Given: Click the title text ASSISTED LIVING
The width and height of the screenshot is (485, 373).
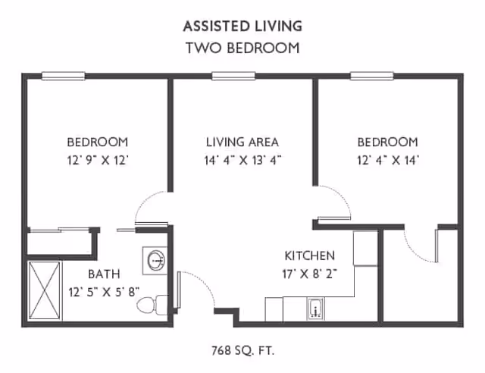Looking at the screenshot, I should pyautogui.click(x=242, y=26).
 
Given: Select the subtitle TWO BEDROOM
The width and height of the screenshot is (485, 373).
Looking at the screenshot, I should pyautogui.click(x=242, y=48).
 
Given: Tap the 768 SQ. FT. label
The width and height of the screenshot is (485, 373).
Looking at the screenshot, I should pyautogui.click(x=242, y=351).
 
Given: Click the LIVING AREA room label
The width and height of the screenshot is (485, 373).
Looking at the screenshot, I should pyautogui.click(x=242, y=142).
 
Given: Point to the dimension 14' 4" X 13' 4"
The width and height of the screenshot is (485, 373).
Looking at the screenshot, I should pyautogui.click(x=242, y=160).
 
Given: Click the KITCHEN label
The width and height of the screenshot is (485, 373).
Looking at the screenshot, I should pyautogui.click(x=309, y=255).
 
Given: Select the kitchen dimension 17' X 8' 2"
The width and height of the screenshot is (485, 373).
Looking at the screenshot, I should pyautogui.click(x=309, y=273).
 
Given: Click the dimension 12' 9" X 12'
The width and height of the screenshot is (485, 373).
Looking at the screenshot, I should pyautogui.click(x=97, y=160).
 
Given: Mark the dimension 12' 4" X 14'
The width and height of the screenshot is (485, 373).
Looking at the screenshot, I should pyautogui.click(x=387, y=160).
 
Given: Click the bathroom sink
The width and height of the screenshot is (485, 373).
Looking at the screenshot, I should pyautogui.click(x=155, y=259).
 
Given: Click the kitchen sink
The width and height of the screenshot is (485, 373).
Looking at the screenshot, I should pyautogui.click(x=315, y=309).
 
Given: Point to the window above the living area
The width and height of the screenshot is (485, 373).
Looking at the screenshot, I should pyautogui.click(x=232, y=75).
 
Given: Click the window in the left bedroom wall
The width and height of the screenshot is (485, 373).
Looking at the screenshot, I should pyautogui.click(x=63, y=75).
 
